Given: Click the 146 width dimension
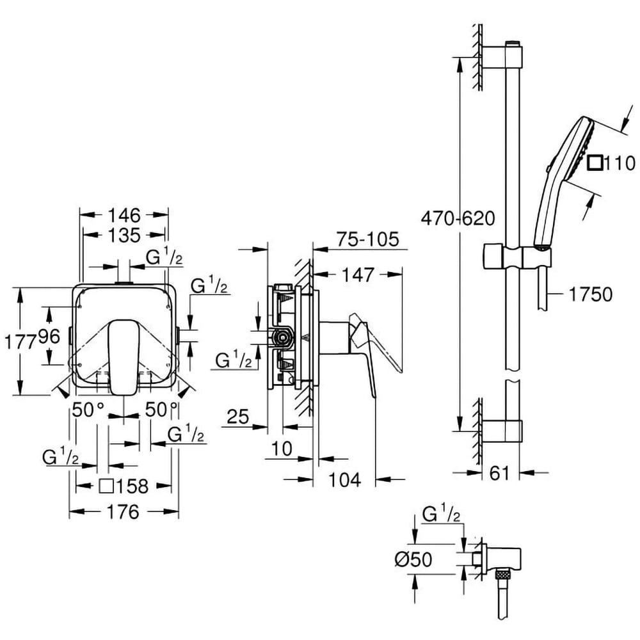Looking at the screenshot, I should (123, 214).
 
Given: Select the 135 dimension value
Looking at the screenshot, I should (124, 235).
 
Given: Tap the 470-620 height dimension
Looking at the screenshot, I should (458, 218).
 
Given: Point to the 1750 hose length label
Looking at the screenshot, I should (590, 294).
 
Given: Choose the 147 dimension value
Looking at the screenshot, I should (356, 275).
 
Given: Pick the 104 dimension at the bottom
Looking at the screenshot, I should (345, 479).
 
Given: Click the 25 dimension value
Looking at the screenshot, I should (238, 417).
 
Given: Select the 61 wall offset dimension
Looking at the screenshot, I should (499, 473).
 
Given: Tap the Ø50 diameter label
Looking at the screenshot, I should (413, 559).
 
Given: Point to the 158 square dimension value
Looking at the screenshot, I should (131, 486).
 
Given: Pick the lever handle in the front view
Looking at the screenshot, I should (121, 355).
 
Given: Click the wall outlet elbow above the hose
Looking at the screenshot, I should (500, 558).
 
